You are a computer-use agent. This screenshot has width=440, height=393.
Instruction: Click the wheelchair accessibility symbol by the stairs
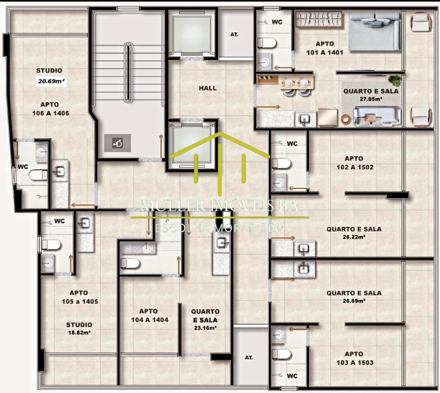pos(117,143)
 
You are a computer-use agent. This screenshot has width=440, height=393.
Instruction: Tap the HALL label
pos(208,88)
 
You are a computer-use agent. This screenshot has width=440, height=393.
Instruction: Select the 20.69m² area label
pos(52,81)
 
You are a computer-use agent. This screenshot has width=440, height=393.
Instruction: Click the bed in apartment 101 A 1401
pos(374,31)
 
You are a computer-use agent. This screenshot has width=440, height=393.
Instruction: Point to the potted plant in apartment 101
pos(395,81)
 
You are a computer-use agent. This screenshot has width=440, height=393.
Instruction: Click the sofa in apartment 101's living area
pos(376,116)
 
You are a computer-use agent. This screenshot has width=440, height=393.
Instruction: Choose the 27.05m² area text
pos(371,99)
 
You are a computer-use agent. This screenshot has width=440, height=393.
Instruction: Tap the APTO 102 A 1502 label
pos(355,163)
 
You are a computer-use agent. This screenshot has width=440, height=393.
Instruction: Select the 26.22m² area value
pos(354,237)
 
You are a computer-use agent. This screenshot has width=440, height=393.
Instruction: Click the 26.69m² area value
pos(354,301)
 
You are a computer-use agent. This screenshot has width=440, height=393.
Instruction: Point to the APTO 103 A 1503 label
pos(355,358)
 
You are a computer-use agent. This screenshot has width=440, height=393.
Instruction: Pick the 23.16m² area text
pos(205,328)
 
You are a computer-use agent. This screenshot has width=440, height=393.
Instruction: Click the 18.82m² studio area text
pos(79,333)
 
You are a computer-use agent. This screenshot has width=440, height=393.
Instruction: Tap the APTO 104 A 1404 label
pos(150,315)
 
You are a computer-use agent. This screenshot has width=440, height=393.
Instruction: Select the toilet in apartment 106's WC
pos(38,175)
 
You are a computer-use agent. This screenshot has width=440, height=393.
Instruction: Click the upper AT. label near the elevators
pos(234,35)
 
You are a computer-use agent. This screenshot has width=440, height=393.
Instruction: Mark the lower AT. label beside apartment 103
pos(249,357)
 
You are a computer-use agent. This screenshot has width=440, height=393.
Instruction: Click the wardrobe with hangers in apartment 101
pos(319,19)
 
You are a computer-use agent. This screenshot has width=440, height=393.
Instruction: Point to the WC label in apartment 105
pos(59,221)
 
